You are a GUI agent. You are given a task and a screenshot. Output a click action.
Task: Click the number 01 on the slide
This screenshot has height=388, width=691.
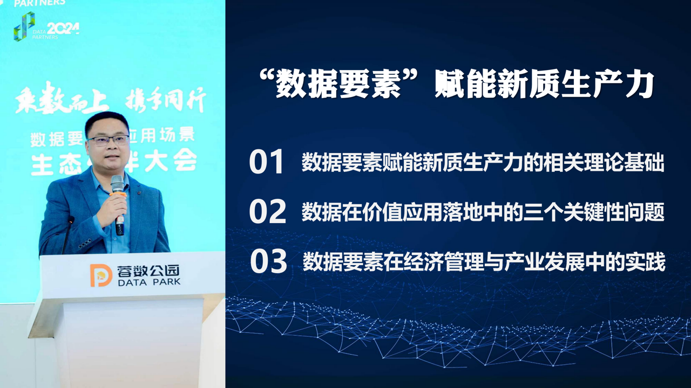(266, 162)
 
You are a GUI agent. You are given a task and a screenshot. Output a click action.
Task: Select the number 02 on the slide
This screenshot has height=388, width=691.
(267, 211)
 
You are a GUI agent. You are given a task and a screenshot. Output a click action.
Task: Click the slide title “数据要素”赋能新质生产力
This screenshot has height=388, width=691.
(457, 85)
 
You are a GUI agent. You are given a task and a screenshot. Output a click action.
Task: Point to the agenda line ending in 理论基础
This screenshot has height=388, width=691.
(483, 163)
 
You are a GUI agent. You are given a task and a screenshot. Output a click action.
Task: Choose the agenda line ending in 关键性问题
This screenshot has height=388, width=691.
(483, 212)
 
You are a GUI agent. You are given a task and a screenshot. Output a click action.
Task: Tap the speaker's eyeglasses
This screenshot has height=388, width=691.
(108, 140)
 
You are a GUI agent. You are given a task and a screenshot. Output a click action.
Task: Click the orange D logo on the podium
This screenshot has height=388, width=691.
(101, 275)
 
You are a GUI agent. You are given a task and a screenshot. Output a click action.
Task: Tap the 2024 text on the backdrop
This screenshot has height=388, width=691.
(63, 29)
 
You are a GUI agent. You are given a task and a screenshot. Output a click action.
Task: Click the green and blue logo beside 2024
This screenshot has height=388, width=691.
(24, 26)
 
